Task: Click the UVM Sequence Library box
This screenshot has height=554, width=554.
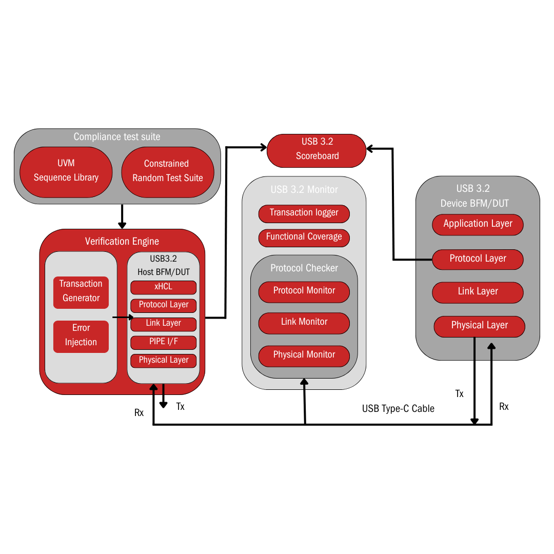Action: point(66,171)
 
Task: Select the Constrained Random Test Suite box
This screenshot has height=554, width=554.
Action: point(167,171)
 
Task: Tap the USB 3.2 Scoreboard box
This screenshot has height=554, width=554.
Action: point(317,149)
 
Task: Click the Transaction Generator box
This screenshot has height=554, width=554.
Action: point(81,291)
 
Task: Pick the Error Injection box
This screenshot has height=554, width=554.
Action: point(81,335)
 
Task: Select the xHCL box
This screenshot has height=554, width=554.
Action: point(163,287)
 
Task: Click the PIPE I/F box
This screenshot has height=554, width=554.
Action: point(163,342)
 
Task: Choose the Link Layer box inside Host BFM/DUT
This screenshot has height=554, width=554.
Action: point(163,323)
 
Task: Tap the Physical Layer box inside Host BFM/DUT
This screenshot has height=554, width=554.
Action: point(163,360)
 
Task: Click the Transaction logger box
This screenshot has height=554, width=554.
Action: point(304,213)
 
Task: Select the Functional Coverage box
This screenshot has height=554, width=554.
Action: point(304,237)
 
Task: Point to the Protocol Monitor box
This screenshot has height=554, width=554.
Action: point(304,291)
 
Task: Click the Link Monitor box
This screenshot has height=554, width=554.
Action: point(304,322)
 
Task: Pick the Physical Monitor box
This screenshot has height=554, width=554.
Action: point(304,355)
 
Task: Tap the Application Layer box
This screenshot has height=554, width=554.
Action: point(478,224)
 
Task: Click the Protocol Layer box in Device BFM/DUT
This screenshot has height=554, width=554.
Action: point(478,259)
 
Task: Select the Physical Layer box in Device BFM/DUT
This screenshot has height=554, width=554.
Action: point(479,325)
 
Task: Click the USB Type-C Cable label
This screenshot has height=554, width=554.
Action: point(398,409)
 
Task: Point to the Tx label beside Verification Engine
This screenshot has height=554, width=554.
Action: point(180,407)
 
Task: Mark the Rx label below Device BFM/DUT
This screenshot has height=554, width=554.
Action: point(504,407)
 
